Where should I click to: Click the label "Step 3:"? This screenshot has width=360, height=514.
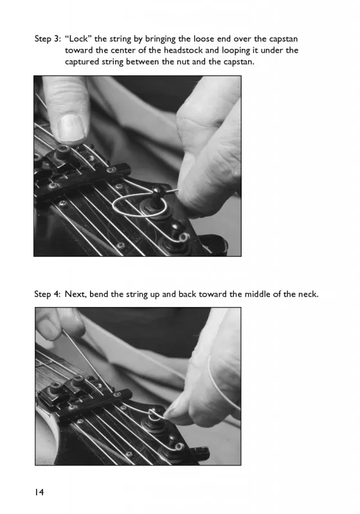click(x=48, y=39)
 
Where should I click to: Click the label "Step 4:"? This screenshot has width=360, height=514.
click(x=48, y=294)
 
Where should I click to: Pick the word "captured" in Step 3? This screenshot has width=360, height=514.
click(x=79, y=62)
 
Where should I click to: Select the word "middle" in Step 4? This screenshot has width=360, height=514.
click(x=256, y=294)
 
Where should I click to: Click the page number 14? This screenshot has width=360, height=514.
click(x=39, y=492)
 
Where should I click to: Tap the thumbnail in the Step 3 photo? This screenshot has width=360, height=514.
click(x=71, y=127)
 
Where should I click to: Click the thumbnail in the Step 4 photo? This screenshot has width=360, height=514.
click(x=48, y=330)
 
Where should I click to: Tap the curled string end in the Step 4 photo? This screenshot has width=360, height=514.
click(x=179, y=447)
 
